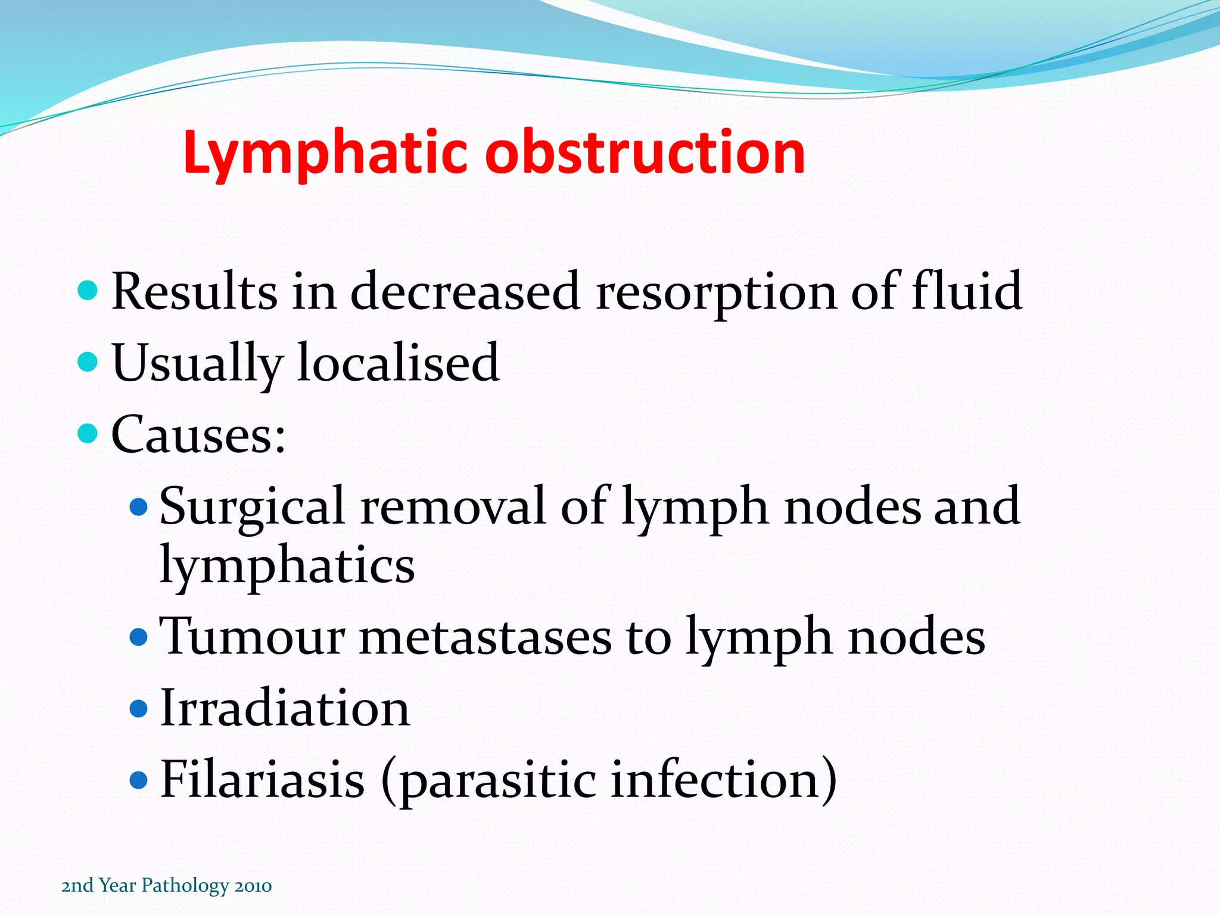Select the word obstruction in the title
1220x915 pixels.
coord(645,153)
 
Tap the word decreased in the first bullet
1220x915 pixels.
coord(465,291)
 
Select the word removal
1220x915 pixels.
coord(453,506)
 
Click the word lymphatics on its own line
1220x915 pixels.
coord(287,566)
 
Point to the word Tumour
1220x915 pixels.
coord(253,637)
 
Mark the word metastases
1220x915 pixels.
coord(485,638)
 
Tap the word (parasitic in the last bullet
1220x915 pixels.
coord(488,780)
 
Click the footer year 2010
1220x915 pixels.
coord(253,886)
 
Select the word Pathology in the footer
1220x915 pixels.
coord(185,886)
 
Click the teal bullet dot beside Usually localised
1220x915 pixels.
coord(88,362)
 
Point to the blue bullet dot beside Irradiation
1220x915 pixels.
coord(138,708)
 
